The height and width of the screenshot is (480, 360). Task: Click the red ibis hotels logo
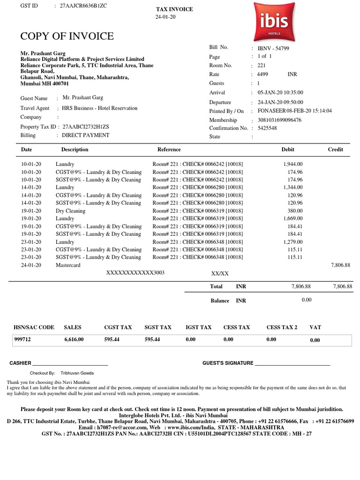click(274, 21)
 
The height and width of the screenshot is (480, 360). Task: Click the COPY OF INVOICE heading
click(67, 37)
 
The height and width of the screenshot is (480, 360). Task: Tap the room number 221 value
click(262, 66)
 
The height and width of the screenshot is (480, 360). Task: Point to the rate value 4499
click(262, 75)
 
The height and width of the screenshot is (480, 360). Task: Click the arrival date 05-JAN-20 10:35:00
click(280, 93)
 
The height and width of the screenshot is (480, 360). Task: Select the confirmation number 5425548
click(267, 128)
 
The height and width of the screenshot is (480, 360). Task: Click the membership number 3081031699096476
click(279, 120)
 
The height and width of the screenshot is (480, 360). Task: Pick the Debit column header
click(288, 150)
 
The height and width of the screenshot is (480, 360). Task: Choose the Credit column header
click(335, 150)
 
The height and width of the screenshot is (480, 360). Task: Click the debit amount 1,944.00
click(293, 164)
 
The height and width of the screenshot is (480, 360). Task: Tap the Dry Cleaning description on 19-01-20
click(70, 211)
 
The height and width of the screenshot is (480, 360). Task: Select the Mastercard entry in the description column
click(68, 265)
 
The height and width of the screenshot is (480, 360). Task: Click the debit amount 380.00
click(295, 211)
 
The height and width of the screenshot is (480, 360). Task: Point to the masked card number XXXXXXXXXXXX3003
click(135, 272)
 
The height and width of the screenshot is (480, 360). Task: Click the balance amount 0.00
click(307, 300)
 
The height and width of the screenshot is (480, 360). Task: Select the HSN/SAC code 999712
click(22, 339)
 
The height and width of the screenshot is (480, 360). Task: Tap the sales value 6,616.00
click(74, 339)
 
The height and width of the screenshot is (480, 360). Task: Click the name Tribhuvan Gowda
click(77, 373)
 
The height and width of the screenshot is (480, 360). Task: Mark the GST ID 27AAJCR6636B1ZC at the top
click(80, 6)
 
